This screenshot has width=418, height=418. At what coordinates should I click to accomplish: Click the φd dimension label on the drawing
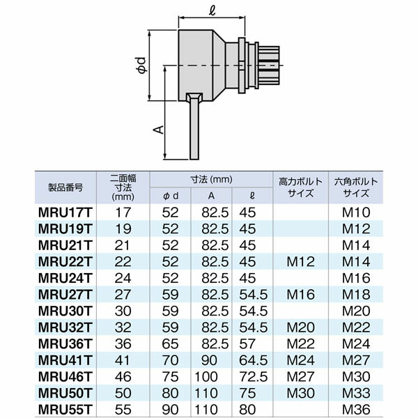pos(142,65)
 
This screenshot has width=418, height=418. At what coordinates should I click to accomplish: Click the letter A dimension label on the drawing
pos(159,130)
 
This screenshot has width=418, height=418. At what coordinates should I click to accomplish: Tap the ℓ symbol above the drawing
pos(212,10)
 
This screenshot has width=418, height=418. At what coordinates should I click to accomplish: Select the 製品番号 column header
pos(65,187)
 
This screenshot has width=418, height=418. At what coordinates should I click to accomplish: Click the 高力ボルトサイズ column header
pos(301,187)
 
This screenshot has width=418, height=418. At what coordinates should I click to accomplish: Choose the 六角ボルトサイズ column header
pos(356,187)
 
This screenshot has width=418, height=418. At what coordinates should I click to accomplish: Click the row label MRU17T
pos(65,212)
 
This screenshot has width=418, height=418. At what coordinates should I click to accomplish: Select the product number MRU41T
pos(65,360)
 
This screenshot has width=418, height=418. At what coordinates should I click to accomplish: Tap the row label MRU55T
pos(65,410)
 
